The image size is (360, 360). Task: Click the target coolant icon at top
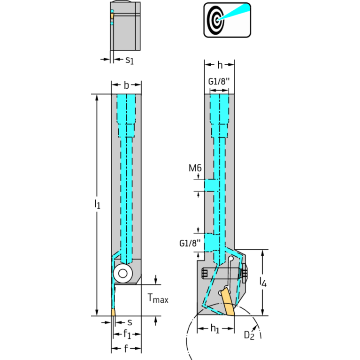click(227, 20)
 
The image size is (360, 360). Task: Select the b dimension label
click(126, 85)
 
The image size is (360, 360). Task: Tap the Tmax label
click(158, 298)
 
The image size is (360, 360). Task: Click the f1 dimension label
click(127, 335)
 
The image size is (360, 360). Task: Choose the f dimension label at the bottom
click(126, 349)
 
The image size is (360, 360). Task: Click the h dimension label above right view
click(220, 65)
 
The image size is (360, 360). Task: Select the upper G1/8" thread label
click(219, 81)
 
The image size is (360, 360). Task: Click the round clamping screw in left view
click(123, 273)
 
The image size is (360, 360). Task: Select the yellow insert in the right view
click(227, 303)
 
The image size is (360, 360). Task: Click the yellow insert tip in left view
click(114, 313)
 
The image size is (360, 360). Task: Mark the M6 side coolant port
click(209, 184)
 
